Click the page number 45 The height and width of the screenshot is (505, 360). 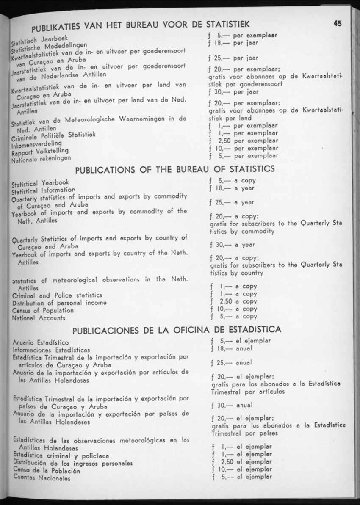click(x=338, y=24)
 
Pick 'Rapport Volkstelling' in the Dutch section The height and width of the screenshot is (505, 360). click(x=40, y=152)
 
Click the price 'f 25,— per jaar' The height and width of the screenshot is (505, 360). click(x=233, y=58)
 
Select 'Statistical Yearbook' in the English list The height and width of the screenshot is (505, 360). click(x=40, y=183)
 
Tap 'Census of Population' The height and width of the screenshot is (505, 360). click(x=43, y=310)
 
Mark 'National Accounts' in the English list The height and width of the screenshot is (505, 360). click(x=39, y=318)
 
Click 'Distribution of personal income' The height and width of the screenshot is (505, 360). click(x=59, y=303)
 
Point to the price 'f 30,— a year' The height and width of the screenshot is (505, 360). click(x=232, y=245)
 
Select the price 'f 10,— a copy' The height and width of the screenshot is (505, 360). click(x=233, y=309)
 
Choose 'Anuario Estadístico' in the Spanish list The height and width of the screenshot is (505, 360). click(x=41, y=342)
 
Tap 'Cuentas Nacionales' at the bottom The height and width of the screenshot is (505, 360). click(x=41, y=478)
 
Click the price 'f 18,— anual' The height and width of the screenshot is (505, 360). click(x=231, y=348)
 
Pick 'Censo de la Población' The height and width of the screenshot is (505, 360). click(x=47, y=470)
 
